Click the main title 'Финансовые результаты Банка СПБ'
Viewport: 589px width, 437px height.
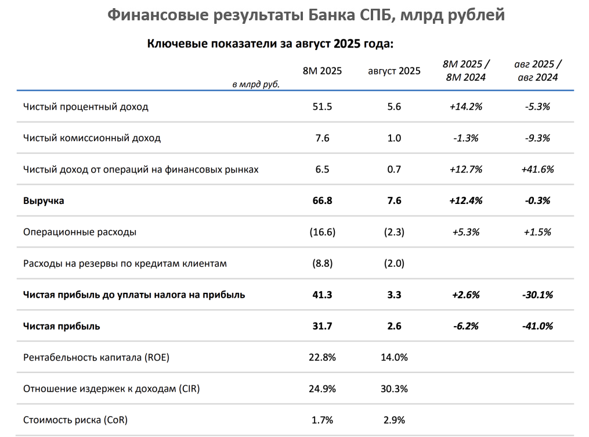pyautogui.click(x=306, y=15)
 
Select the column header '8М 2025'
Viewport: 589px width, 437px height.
pyautogui.click(x=323, y=71)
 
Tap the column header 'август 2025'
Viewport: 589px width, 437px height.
pyautogui.click(x=394, y=71)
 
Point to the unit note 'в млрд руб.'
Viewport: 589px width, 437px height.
pyautogui.click(x=256, y=84)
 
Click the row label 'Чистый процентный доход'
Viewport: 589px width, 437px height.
pyautogui.click(x=86, y=107)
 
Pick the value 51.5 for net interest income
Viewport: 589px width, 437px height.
pyautogui.click(x=323, y=107)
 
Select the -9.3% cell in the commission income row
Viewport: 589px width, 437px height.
pyautogui.click(x=537, y=138)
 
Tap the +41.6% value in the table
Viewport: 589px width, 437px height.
pyautogui.click(x=537, y=170)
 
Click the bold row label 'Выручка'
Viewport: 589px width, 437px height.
pyautogui.click(x=44, y=201)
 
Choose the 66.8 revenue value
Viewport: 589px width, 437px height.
pyautogui.click(x=323, y=201)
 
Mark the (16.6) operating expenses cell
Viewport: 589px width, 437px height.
pyautogui.click(x=323, y=232)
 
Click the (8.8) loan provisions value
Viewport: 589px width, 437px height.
pyautogui.click(x=323, y=263)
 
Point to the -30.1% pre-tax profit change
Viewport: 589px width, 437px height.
pyautogui.click(x=537, y=295)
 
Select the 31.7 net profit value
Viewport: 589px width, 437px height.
pyautogui.click(x=323, y=326)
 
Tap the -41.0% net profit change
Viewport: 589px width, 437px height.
pyautogui.click(x=537, y=326)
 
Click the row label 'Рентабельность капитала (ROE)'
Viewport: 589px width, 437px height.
pyautogui.click(x=96, y=357)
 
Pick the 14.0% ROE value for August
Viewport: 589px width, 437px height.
pyautogui.click(x=394, y=357)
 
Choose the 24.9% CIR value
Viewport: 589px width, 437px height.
pyautogui.click(x=323, y=389)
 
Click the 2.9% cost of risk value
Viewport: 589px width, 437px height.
pyautogui.click(x=394, y=420)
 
